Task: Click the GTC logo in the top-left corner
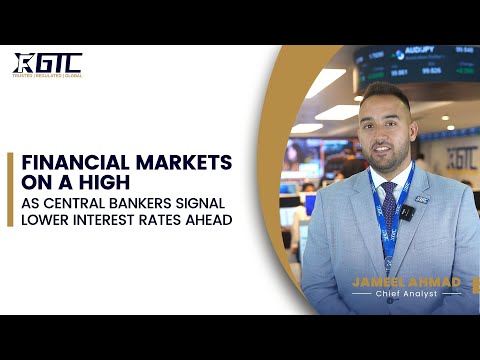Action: pos(47,62)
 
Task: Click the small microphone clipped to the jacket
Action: pos(406,212)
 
